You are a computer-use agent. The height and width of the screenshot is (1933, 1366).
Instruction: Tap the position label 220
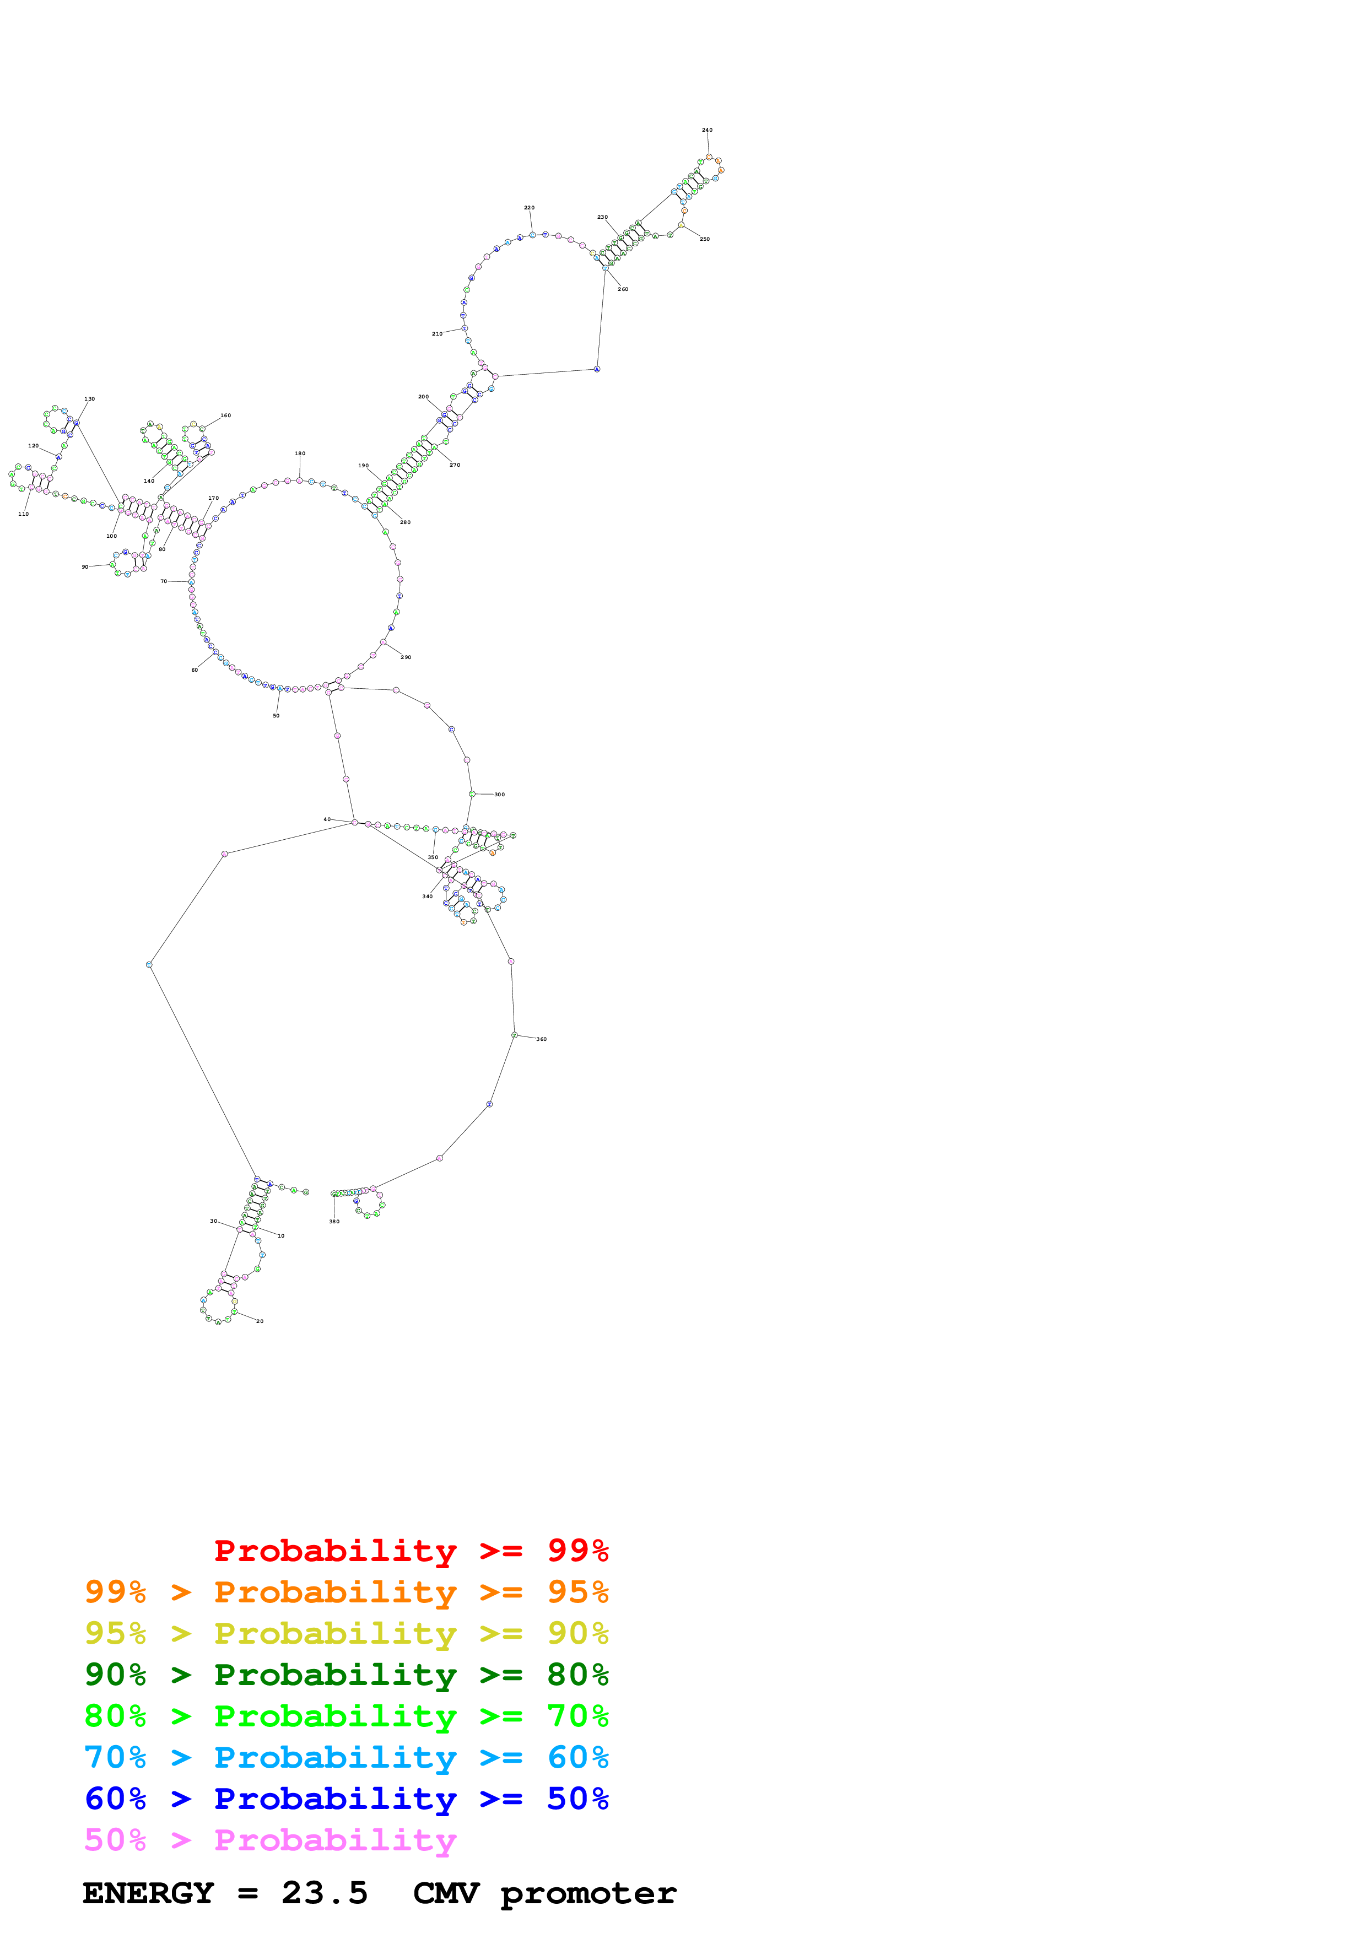point(528,208)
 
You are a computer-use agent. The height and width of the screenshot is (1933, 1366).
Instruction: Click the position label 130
point(89,399)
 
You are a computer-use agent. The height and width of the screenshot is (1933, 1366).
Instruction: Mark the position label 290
point(406,657)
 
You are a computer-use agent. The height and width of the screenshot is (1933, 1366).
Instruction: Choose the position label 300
point(499,795)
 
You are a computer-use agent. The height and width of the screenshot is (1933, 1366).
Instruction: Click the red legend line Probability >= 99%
point(411,1551)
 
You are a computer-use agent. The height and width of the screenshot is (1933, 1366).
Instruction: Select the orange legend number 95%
point(577,1592)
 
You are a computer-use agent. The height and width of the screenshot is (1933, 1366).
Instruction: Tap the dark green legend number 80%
point(577,1675)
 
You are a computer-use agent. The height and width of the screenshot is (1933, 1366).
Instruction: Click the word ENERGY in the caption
point(148,1893)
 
